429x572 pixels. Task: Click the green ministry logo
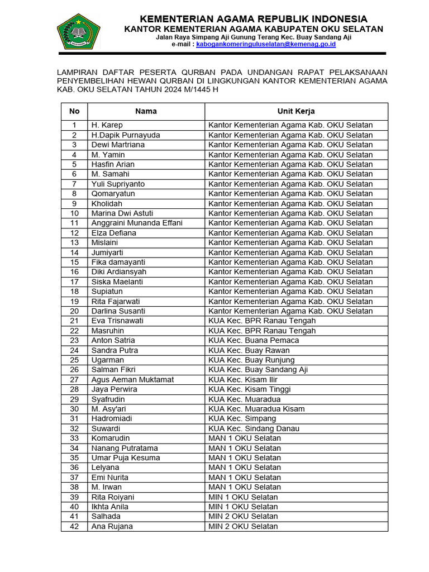(x=79, y=31)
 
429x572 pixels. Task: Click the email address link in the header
(x=266, y=44)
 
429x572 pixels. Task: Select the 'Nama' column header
(x=146, y=111)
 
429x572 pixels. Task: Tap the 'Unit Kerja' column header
(x=296, y=111)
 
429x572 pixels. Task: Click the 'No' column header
(x=74, y=111)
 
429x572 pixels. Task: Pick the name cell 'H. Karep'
(x=107, y=125)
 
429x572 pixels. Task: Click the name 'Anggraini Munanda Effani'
(x=137, y=223)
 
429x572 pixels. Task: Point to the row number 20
(x=74, y=311)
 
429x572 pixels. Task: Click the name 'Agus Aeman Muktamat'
(x=132, y=379)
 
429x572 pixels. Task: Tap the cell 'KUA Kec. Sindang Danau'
(x=254, y=428)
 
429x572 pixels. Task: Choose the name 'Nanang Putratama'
(x=125, y=448)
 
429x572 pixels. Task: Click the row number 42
(x=74, y=526)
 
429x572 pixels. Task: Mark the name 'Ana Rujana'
(x=112, y=526)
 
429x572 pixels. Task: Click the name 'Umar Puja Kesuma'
(x=126, y=457)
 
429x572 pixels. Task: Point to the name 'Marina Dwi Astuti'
(x=122, y=213)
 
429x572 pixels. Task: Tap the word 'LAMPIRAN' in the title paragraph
(x=77, y=72)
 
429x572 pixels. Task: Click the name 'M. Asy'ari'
(x=109, y=409)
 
